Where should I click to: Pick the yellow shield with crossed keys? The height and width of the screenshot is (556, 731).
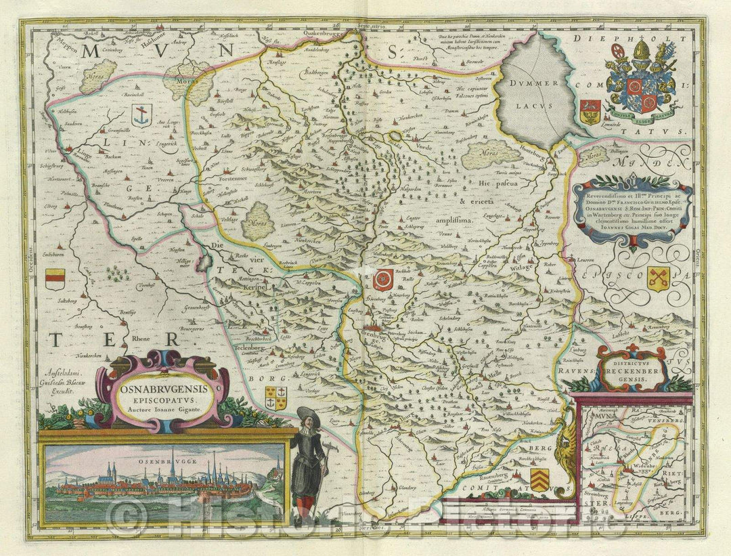pyautogui.click(x=658, y=278)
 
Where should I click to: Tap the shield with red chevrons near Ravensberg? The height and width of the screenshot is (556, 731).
pyautogui.click(x=539, y=479)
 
